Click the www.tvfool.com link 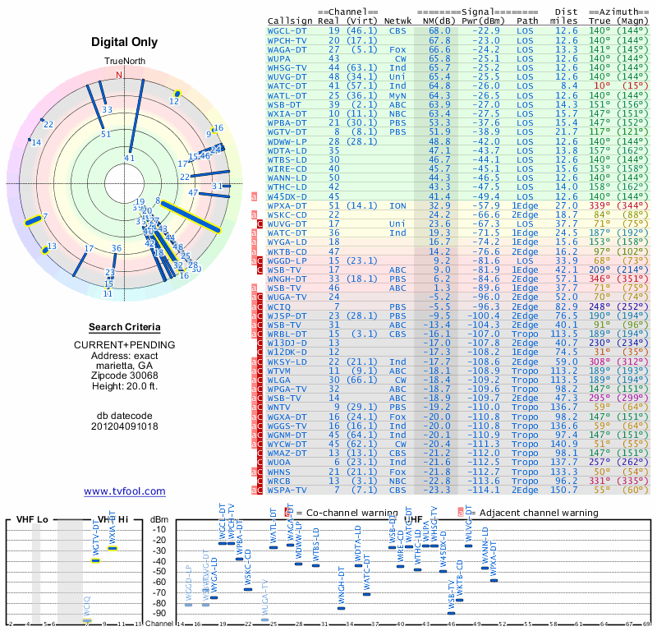(x=124, y=491)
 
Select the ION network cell (x=397, y=205)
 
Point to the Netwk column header (x=397, y=20)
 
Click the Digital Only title (x=124, y=42)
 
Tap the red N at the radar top (x=119, y=75)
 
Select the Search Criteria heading (x=124, y=327)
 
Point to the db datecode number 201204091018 (x=124, y=426)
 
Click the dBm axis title (x=159, y=519)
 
